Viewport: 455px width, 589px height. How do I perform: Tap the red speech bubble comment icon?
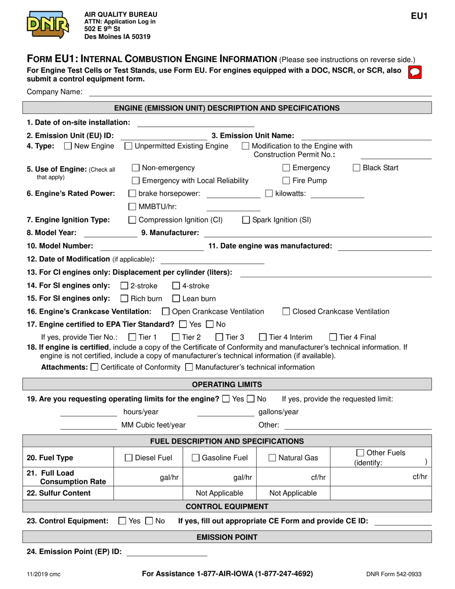click(x=414, y=72)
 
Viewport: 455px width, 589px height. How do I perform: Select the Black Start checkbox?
click(x=357, y=168)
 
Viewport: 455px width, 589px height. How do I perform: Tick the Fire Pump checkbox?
click(x=286, y=181)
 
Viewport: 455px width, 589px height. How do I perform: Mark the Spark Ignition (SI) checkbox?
click(x=246, y=220)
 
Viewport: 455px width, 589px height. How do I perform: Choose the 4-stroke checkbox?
click(x=176, y=286)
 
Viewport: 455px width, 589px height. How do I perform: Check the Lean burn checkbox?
click(x=176, y=299)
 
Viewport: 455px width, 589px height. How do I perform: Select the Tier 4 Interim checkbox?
click(x=263, y=337)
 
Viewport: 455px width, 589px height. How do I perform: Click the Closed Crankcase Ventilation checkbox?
click(x=286, y=312)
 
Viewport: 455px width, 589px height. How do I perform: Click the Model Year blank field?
click(x=110, y=233)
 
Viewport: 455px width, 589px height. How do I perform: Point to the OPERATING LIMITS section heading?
click(x=227, y=385)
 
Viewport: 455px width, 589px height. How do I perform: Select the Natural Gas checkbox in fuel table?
click(x=273, y=458)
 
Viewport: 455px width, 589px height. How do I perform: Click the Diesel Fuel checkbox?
click(x=129, y=458)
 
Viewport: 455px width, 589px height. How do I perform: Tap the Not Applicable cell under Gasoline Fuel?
click(x=220, y=493)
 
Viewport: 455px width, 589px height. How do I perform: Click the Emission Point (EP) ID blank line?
click(x=166, y=552)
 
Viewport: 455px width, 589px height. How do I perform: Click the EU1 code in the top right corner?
click(x=419, y=16)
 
